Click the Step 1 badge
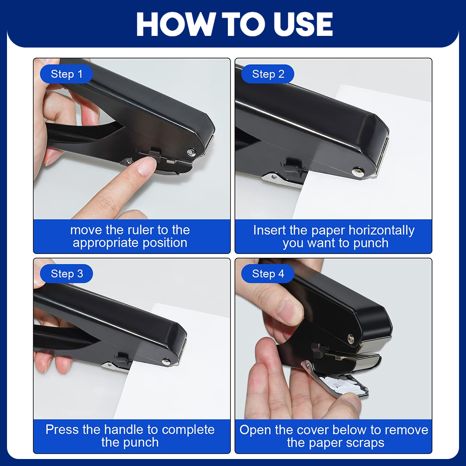point(66,74)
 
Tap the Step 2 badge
point(268,74)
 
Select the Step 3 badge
point(66,274)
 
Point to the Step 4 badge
point(268,274)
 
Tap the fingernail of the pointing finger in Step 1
point(148,166)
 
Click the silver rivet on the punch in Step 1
point(191,153)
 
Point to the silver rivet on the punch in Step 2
point(357,172)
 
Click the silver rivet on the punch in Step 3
point(166,362)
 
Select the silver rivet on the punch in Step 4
point(351,338)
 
